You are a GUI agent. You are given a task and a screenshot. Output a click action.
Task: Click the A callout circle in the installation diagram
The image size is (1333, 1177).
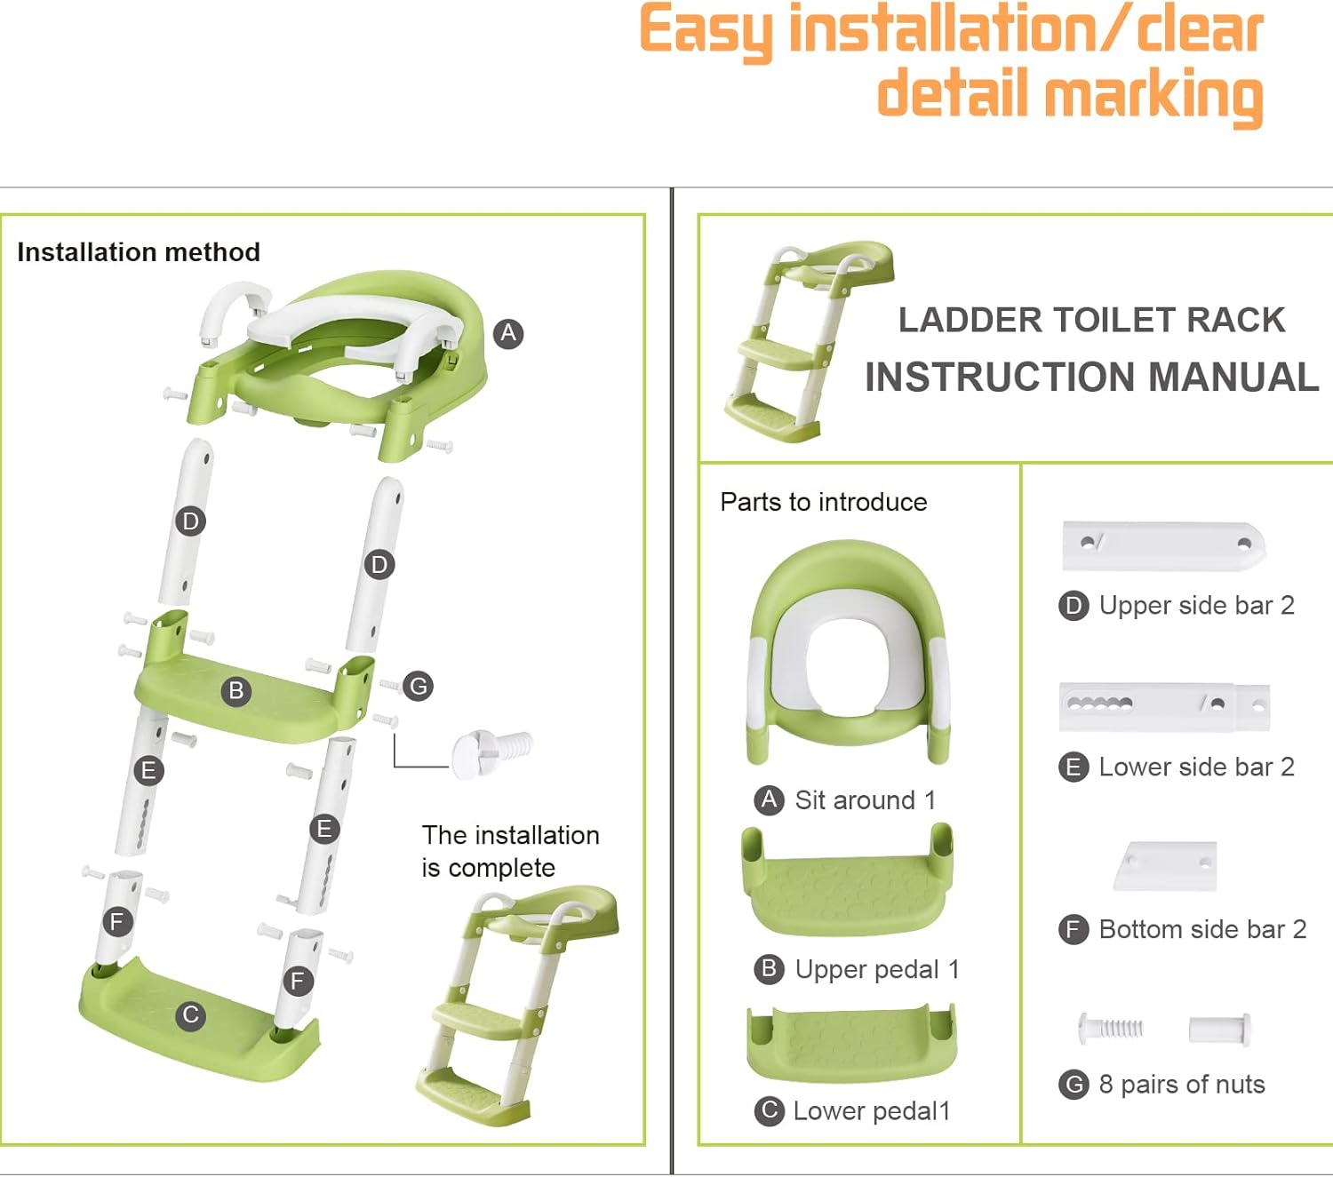tap(508, 334)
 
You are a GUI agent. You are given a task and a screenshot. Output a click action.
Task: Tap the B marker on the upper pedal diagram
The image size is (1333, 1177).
tap(236, 690)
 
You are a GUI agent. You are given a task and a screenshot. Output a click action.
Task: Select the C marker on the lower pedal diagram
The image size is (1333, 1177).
tap(190, 1014)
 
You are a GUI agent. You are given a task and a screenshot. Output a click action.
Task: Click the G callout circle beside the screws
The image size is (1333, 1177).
tap(418, 686)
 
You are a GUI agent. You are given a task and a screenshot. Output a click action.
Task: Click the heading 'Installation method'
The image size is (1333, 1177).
tap(139, 252)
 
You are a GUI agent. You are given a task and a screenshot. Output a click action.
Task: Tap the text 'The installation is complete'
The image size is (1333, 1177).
tap(510, 851)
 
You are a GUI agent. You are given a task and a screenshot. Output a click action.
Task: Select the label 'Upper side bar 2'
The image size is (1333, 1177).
tap(1195, 606)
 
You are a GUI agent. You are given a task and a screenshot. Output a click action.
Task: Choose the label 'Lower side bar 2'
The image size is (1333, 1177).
tap(1195, 767)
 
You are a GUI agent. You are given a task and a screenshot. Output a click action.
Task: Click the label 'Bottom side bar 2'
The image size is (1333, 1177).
tap(1201, 930)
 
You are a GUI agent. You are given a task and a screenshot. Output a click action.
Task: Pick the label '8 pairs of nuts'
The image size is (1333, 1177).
tap(1181, 1085)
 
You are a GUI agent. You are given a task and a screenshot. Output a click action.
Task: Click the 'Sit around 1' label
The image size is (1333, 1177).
tap(864, 800)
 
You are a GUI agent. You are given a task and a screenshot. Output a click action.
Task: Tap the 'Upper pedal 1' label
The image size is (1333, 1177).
tap(876, 969)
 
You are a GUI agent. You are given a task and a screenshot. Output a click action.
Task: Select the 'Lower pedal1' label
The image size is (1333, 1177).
tap(871, 1111)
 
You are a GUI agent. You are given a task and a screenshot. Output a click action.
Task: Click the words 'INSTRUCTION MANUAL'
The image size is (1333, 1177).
tap(1091, 378)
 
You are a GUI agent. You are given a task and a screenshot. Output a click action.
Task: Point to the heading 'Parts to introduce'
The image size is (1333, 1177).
tap(823, 503)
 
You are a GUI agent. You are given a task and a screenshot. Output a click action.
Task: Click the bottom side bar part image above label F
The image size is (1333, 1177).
tap(1166, 866)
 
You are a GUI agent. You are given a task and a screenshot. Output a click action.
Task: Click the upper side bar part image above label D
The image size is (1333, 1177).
tap(1163, 545)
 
